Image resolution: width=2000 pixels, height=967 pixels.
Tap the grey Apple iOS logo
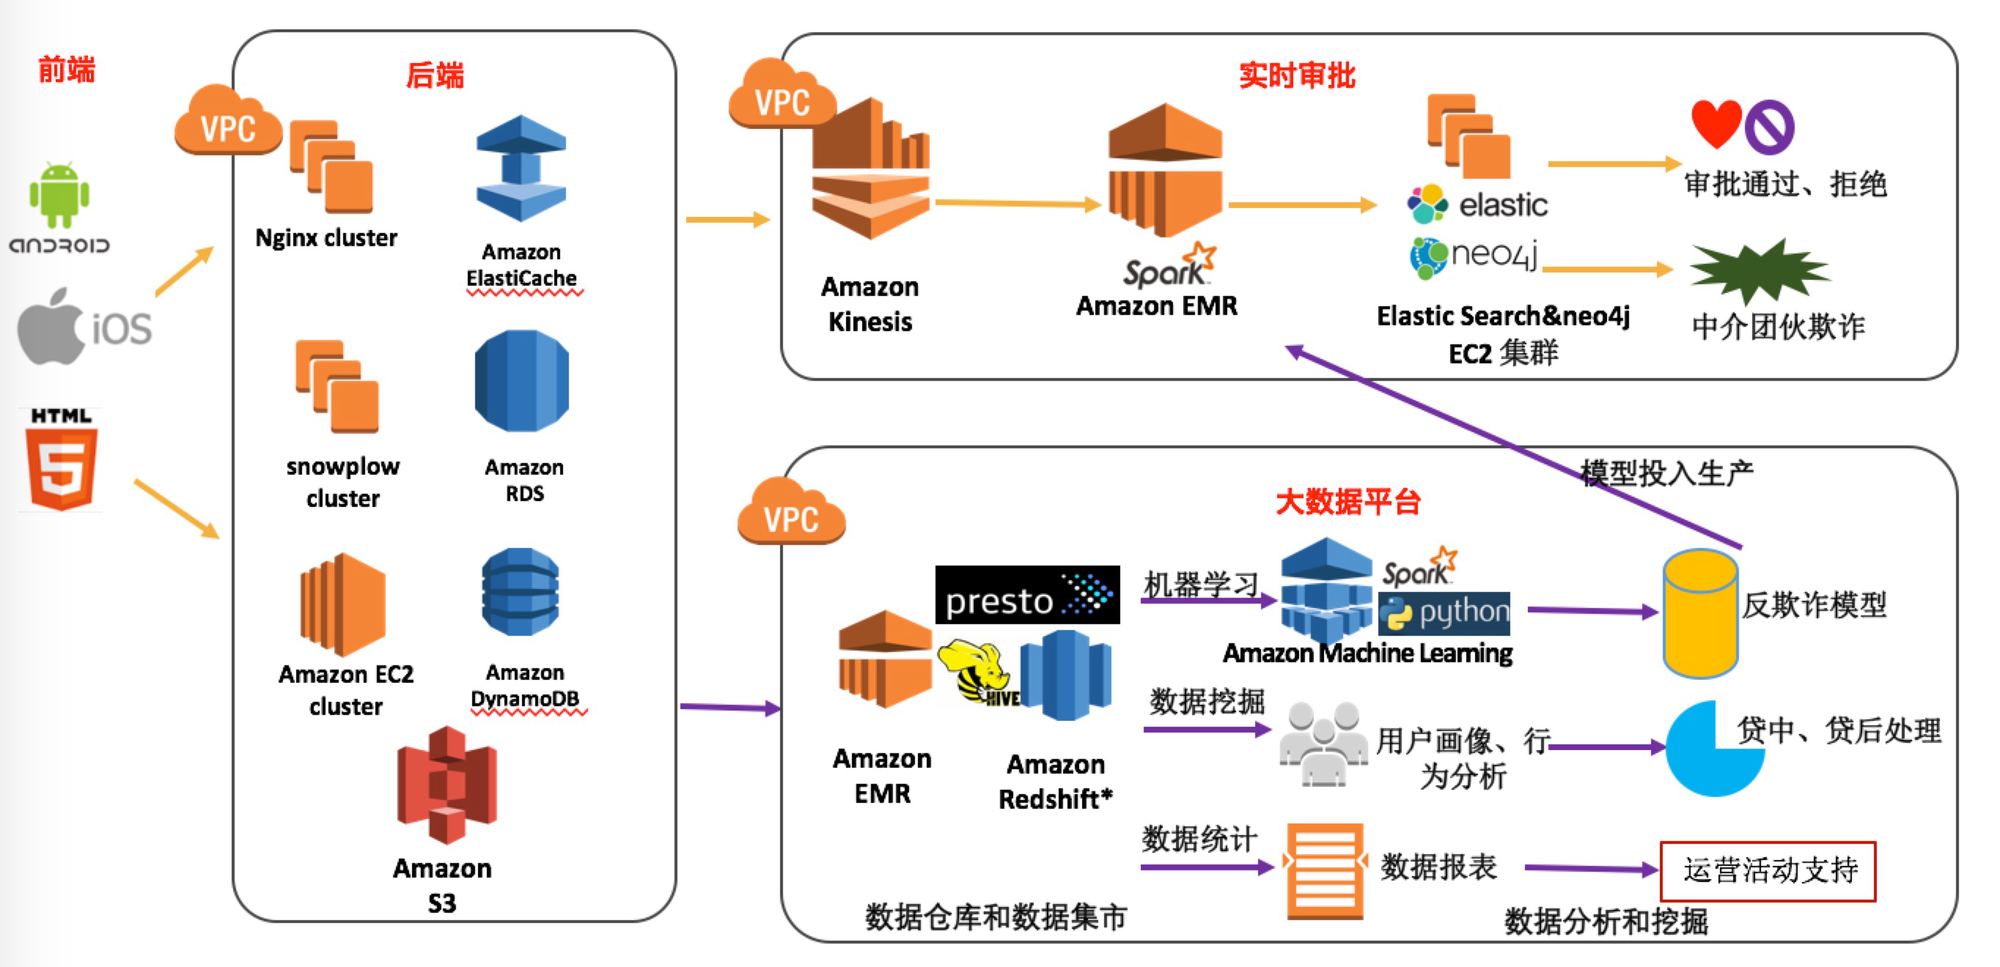51,327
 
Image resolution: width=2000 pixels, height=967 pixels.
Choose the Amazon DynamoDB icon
521,591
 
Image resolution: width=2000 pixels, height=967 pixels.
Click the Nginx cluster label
326,237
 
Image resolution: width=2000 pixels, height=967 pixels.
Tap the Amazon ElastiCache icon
521,168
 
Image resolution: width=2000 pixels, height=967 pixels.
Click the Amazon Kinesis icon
870,169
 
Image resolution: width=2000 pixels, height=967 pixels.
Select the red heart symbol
1716,122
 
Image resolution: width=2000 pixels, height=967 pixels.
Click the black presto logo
1026,596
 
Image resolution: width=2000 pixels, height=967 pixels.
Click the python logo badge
1444,613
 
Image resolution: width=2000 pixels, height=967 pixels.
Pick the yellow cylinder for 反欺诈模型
1699,613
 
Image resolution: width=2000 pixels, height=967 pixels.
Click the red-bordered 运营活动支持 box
1767,871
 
